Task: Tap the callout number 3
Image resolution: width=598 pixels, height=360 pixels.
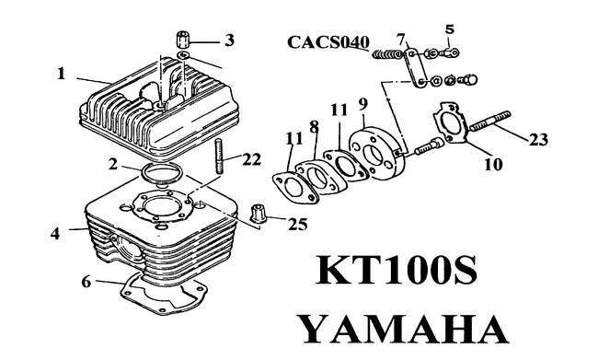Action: pyautogui.click(x=229, y=40)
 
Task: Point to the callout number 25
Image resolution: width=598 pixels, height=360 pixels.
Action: pyautogui.click(x=298, y=224)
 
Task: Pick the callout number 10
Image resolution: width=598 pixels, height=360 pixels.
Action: pyautogui.click(x=493, y=166)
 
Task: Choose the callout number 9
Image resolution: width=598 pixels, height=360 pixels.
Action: pyautogui.click(x=363, y=102)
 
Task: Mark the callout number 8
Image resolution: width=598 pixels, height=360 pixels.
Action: pyautogui.click(x=314, y=124)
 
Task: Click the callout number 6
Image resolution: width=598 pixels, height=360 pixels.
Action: pyautogui.click(x=86, y=282)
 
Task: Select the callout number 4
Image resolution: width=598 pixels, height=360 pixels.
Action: pyautogui.click(x=55, y=234)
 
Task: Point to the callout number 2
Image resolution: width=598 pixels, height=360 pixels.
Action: pyautogui.click(x=111, y=166)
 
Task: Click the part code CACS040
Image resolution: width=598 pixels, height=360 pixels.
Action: pyautogui.click(x=328, y=42)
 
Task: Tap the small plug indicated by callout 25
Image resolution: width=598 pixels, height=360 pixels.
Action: pyautogui.click(x=259, y=217)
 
